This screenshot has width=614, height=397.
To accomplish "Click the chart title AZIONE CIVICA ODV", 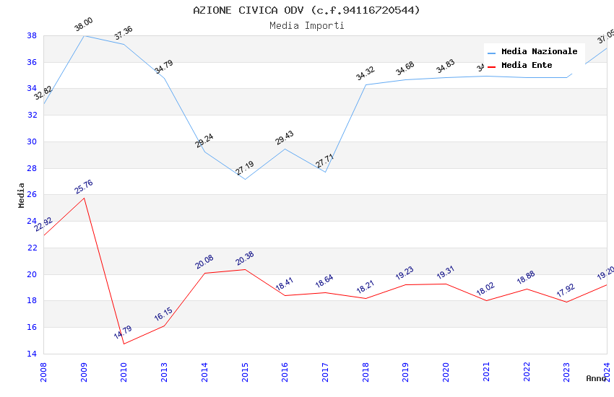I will click(306, 10).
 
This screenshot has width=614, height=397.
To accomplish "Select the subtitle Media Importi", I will click(306, 25).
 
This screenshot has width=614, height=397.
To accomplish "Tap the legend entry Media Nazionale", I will click(539, 51).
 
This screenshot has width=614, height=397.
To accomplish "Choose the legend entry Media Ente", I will click(527, 65).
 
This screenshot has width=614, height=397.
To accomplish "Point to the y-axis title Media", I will click(21, 195).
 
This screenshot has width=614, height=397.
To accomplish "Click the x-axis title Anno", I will click(596, 378).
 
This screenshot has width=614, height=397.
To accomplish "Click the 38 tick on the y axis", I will click(32, 35).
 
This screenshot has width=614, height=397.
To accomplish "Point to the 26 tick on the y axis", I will click(32, 195).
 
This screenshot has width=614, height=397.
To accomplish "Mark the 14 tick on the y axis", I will click(32, 354).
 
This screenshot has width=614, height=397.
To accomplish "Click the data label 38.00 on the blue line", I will click(84, 25).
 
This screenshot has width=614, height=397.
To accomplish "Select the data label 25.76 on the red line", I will click(84, 187).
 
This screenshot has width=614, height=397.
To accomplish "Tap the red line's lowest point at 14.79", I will click(124, 344).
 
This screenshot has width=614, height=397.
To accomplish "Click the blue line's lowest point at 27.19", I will click(245, 179).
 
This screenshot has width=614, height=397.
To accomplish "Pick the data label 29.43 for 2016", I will click(285, 138).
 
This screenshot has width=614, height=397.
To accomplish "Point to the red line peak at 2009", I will click(84, 198).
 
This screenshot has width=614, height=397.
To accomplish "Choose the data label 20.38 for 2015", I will click(245, 258).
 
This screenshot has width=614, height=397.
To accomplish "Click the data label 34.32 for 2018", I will click(366, 73).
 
